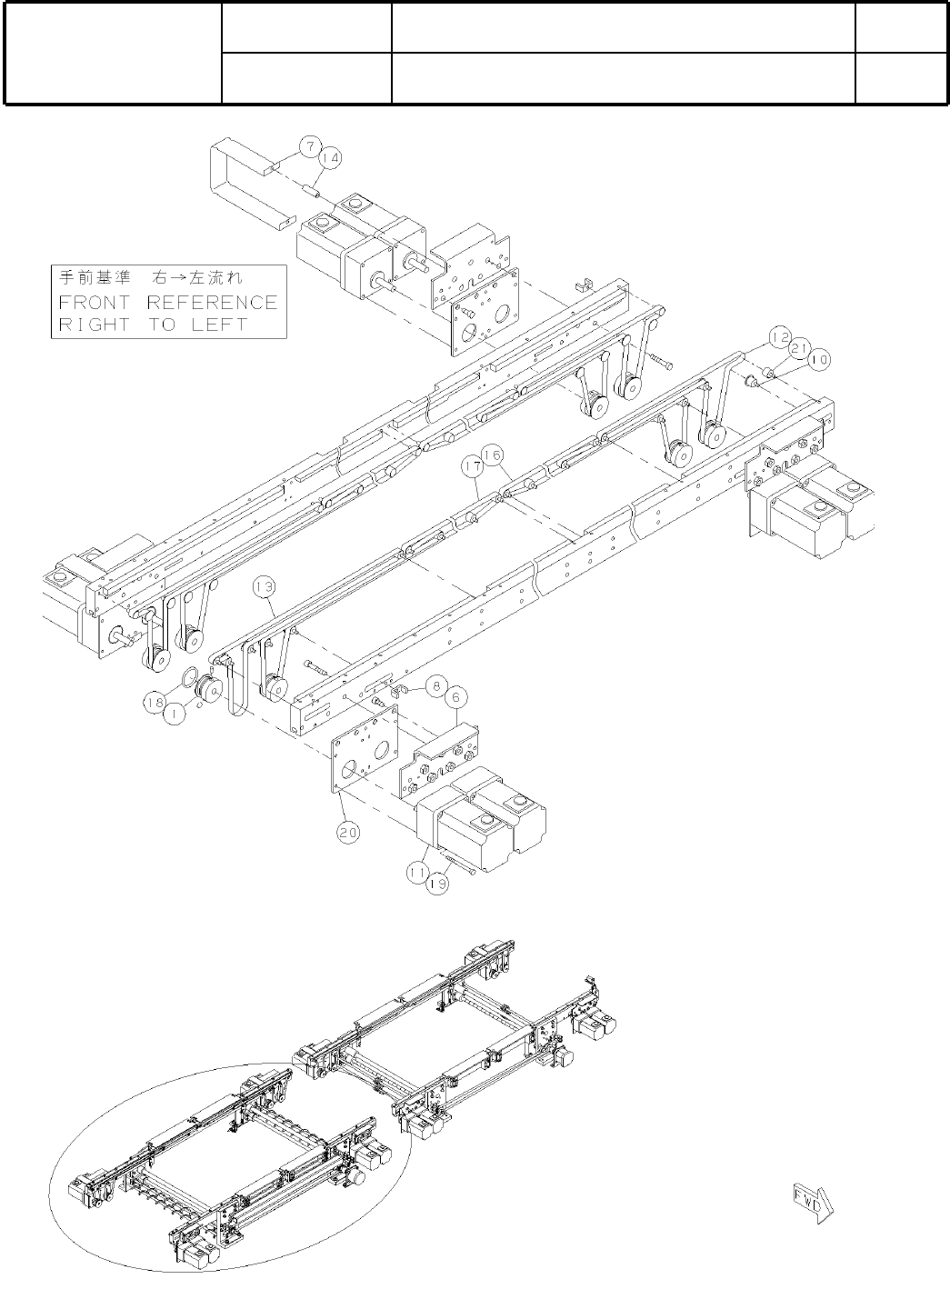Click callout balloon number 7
(309, 145)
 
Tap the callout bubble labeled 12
(779, 336)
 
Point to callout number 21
(799, 348)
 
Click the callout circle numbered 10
(818, 360)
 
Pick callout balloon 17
(471, 465)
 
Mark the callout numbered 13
(264, 588)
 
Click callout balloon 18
(154, 701)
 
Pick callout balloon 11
(418, 871)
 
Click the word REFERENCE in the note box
(212, 302)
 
